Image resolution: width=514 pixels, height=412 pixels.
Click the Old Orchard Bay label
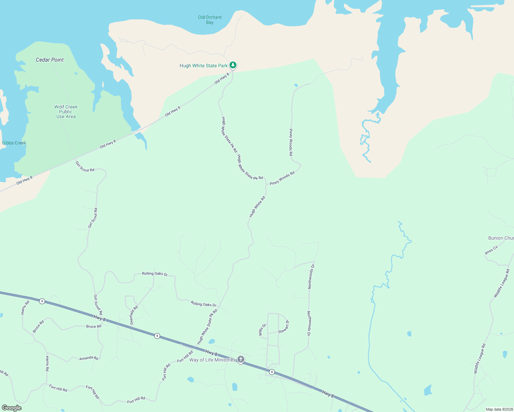coord(210,20)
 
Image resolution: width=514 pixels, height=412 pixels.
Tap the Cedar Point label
coord(50,60)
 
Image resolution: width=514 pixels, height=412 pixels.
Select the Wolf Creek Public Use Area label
coord(66,112)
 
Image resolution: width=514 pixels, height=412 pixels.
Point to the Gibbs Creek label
coord(14,143)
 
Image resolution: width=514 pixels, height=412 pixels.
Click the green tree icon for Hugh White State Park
coord(233,65)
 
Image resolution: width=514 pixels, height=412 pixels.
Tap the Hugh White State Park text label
coord(203,66)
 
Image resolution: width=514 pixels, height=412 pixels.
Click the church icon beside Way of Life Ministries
coord(241,359)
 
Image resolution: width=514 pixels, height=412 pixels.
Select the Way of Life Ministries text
coord(213,360)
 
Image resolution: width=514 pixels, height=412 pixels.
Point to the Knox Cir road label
coord(491,250)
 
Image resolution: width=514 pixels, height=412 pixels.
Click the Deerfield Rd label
coord(134,315)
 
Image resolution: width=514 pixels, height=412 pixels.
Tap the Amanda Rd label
coord(89,358)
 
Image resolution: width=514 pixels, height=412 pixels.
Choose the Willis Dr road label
coord(262,330)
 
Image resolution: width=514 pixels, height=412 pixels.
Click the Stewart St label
coord(284,327)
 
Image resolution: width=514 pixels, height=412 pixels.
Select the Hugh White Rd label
coord(257,207)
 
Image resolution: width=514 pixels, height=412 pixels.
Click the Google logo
coord(11,408)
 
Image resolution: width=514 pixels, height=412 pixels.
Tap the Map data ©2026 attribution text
coord(499,409)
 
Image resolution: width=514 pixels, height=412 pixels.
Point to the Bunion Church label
coord(501,238)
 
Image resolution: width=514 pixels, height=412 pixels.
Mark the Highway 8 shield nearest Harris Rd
coord(42,301)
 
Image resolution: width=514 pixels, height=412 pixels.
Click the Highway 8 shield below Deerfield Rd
coord(157,336)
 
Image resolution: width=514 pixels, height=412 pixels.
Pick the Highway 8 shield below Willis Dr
coord(272,372)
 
